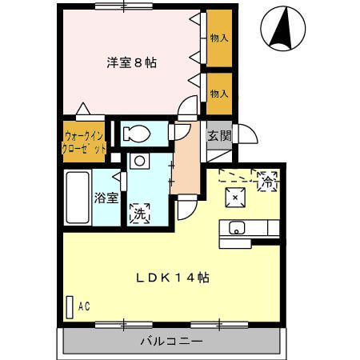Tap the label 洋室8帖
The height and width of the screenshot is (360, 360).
pos(132,62)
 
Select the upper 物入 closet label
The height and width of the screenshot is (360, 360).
pos(218,38)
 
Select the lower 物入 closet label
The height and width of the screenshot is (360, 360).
pos(218,94)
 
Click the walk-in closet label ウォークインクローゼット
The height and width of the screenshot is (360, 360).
pos(84,142)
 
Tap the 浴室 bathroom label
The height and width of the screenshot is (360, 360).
pos(105,197)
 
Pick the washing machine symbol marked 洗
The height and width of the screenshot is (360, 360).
pos(139,214)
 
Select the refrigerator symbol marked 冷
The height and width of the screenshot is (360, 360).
pos(267,181)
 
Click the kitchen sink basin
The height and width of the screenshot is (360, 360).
pos(238,228)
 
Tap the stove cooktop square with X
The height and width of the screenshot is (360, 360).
pos(237,195)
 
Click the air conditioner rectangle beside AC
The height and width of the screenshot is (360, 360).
pos(70,306)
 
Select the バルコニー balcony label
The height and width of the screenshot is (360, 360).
pos(171,342)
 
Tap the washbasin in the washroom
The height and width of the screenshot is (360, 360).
pos(139,161)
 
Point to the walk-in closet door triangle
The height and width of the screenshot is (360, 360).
pos(83,109)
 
